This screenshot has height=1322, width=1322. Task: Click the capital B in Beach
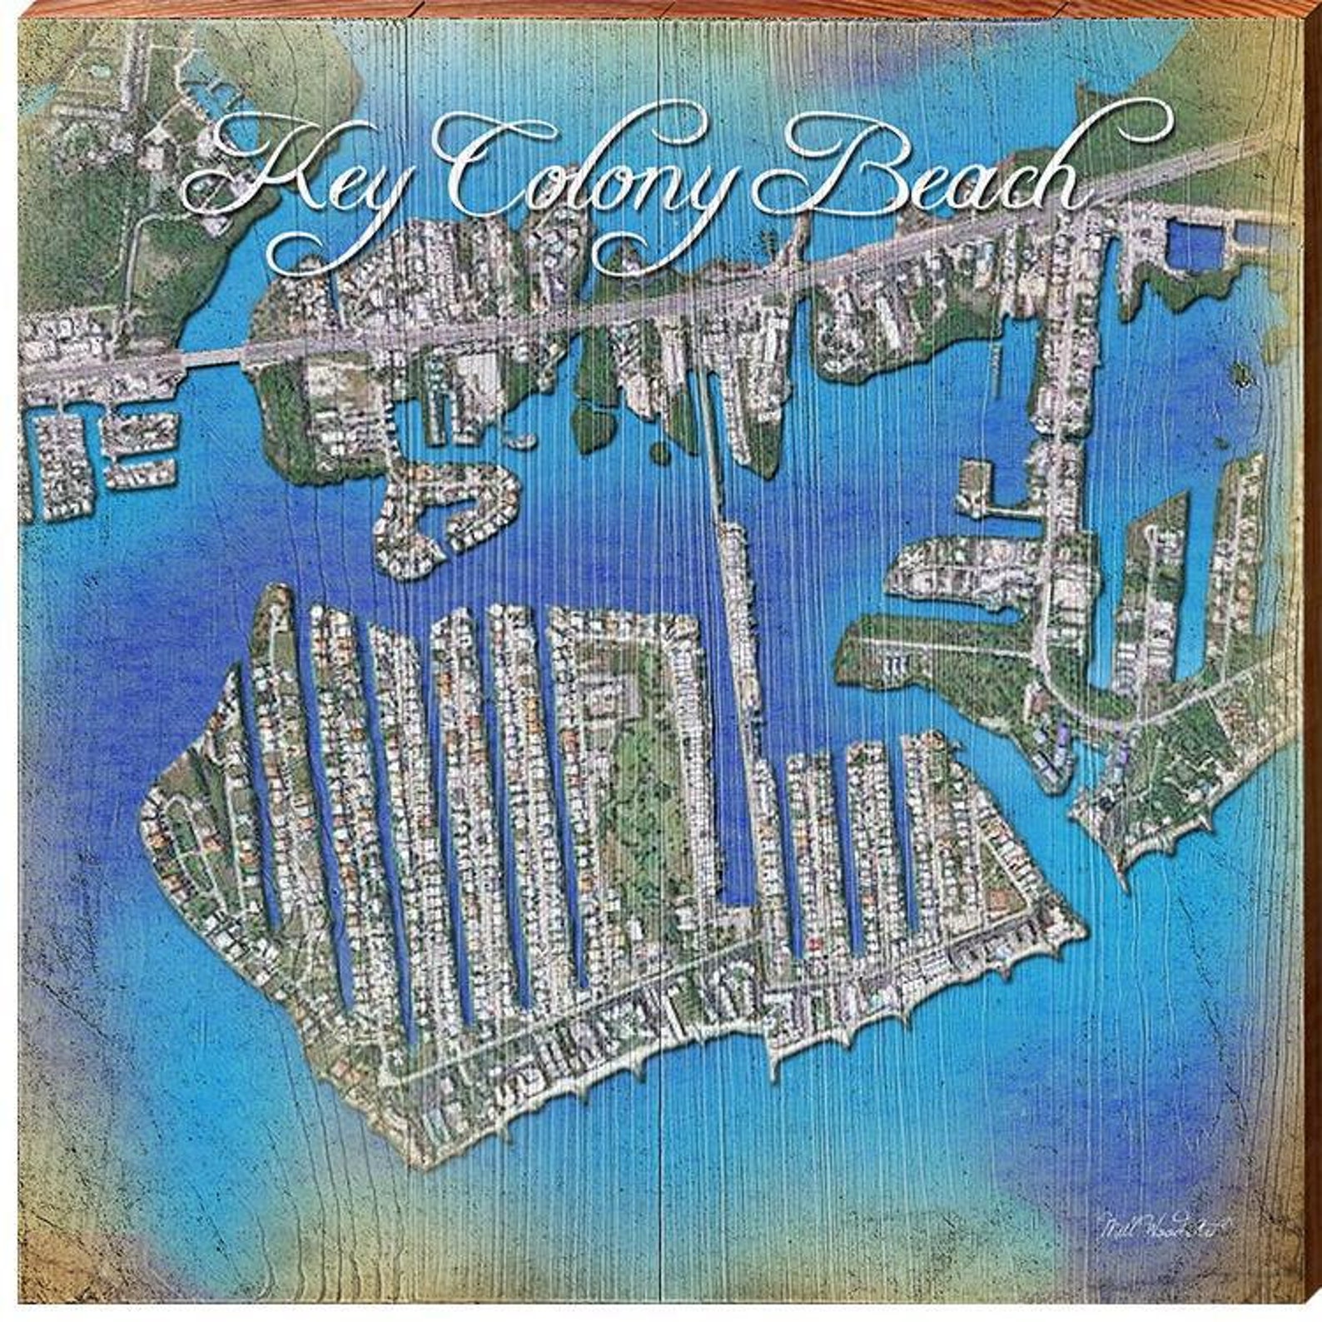(824, 171)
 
